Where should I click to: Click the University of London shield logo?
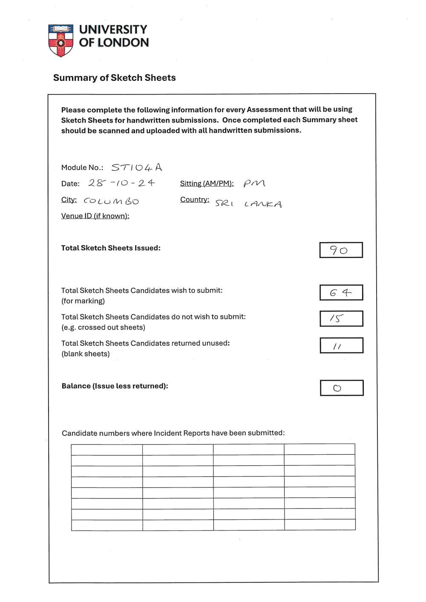pos(60,40)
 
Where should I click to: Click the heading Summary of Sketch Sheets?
pos(114,77)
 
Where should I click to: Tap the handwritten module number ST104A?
pos(137,167)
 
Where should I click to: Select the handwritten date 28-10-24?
pos(121,183)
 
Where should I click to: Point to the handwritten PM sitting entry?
pos(254,183)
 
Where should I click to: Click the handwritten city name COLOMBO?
pos(111,201)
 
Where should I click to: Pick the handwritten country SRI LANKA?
pos(248,204)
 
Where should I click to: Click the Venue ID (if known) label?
pos(95,216)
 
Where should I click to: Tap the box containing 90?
pos(341,250)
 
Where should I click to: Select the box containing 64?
pos(341,292)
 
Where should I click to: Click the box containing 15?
pos(341,318)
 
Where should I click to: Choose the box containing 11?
pos(341,345)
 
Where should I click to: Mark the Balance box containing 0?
pos(342,388)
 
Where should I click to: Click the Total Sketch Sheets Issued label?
pos(111,248)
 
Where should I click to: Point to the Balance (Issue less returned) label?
pos(115,386)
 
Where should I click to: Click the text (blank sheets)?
pos(86,354)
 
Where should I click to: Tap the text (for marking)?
pos(83,301)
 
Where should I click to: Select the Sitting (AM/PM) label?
pos(207,183)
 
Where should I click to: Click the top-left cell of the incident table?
pos(106,450)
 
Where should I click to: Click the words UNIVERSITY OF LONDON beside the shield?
pos(114,36)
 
